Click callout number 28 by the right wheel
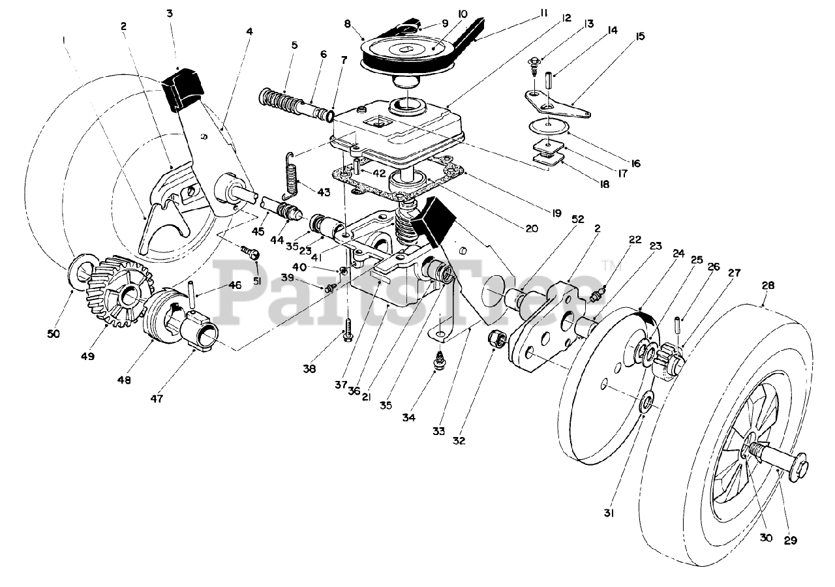[x=768, y=285]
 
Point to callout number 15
[x=640, y=36]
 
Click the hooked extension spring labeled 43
[x=292, y=175]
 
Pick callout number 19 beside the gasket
[x=556, y=213]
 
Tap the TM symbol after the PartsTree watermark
[x=609, y=265]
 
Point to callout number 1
[x=64, y=40]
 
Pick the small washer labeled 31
[x=646, y=404]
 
